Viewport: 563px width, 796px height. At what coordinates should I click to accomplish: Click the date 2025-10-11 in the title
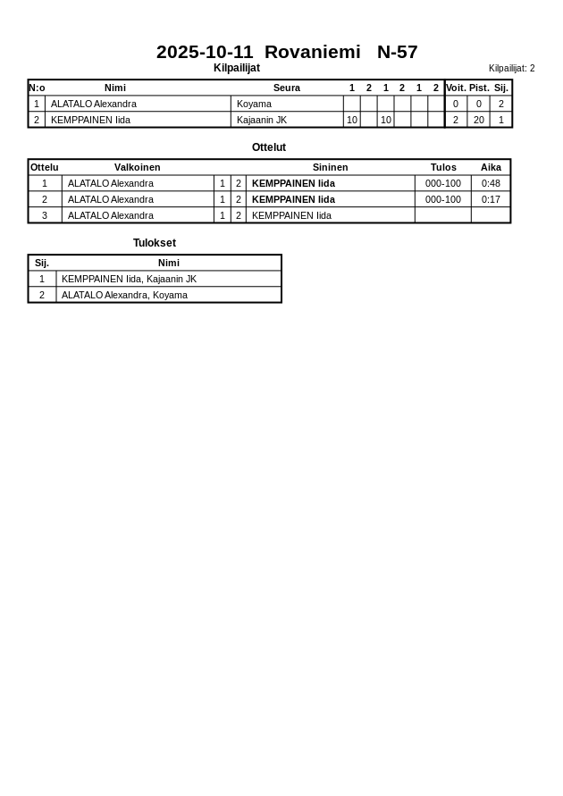point(205,52)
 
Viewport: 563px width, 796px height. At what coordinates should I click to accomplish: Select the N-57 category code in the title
point(397,52)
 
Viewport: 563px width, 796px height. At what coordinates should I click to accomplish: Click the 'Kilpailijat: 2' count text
point(511,68)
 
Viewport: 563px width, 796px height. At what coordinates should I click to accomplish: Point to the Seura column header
point(286,88)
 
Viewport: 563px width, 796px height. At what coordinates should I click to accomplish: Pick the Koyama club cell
point(254,104)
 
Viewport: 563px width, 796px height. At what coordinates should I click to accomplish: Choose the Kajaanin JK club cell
point(261,120)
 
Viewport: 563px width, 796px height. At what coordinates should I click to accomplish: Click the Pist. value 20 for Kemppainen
point(478,120)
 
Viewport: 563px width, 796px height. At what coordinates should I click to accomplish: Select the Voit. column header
point(456,88)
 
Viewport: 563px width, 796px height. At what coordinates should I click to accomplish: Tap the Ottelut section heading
point(268,147)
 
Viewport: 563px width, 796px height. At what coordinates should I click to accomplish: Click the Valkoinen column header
point(137,167)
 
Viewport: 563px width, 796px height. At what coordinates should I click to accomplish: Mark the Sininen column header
point(330,167)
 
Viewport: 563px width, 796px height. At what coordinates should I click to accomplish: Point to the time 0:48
point(491,183)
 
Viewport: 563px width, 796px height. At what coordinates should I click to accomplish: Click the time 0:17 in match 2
point(491,199)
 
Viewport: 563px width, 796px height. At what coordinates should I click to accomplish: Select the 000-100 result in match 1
point(442,183)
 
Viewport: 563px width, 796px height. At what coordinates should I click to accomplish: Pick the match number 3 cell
point(45,215)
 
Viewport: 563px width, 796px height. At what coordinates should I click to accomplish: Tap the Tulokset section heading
point(154,243)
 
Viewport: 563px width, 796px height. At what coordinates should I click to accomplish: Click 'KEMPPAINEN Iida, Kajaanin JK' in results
point(129,279)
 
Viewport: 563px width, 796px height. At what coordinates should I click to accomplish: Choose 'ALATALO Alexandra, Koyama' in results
point(124,295)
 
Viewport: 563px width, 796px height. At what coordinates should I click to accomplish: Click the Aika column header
point(491,167)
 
